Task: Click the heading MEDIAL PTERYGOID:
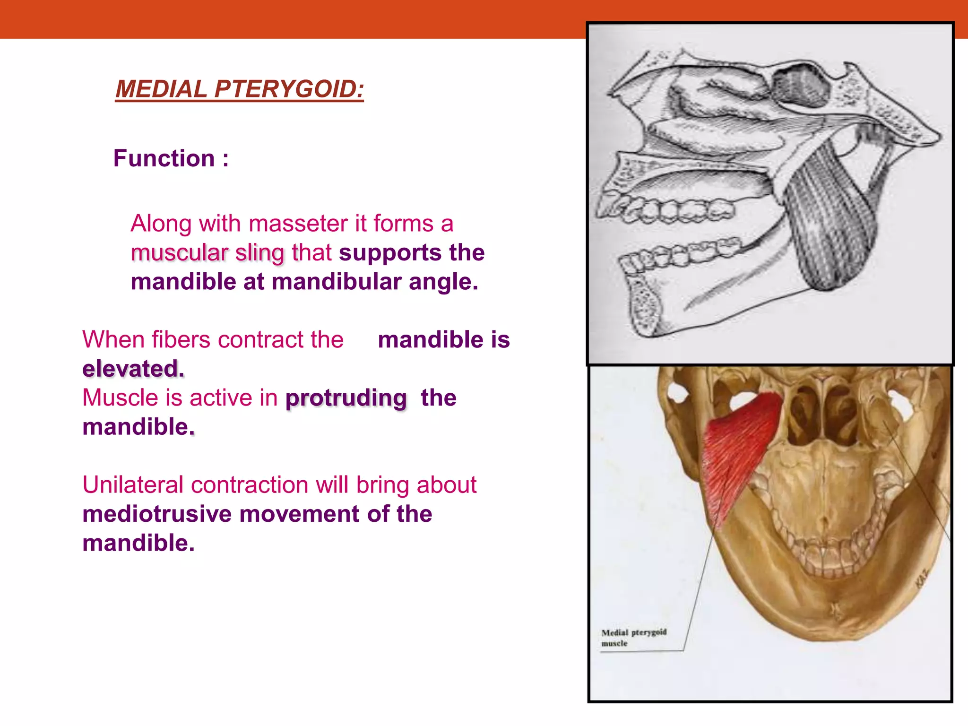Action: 240,89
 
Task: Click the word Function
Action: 164,158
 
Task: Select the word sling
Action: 260,253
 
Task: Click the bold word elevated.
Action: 133,369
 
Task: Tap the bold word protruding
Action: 346,398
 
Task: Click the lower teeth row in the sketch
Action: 681,255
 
